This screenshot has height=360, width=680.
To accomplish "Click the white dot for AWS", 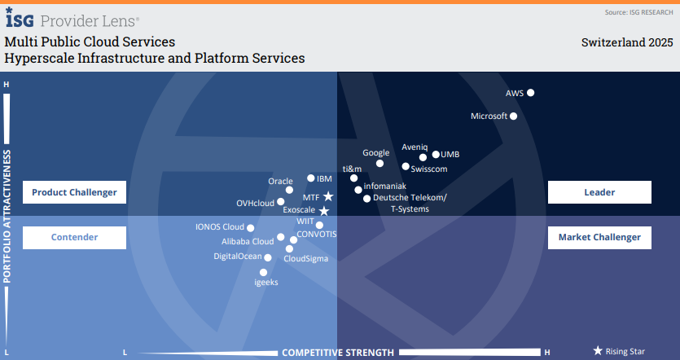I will pos(531,93).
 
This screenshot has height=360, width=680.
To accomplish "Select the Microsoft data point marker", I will pos(514,116).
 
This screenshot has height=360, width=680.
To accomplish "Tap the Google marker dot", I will pos(379,164).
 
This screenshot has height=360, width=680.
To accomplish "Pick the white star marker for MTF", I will pos(328,196).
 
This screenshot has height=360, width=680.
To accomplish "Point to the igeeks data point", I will pos(263,273).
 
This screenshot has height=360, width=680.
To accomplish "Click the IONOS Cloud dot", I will pos(251,228).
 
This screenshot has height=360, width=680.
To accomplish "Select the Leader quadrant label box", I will pos(599,192).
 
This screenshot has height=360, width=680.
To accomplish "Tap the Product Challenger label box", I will pos(74,192).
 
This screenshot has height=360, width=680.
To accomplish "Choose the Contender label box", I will pos(74,238).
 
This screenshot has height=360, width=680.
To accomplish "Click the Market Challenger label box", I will pos(599,238).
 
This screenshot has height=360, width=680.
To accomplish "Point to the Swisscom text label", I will pos(429,169).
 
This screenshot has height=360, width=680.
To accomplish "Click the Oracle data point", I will pos(289,191).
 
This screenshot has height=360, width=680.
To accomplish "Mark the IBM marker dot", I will pos(311,178).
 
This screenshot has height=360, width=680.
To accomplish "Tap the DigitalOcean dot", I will pos(269,257).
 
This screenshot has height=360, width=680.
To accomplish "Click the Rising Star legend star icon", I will pos(598,351).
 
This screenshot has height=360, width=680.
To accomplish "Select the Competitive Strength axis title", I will pos(338,353).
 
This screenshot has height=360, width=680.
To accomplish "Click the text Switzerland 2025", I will pos(627,42).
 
